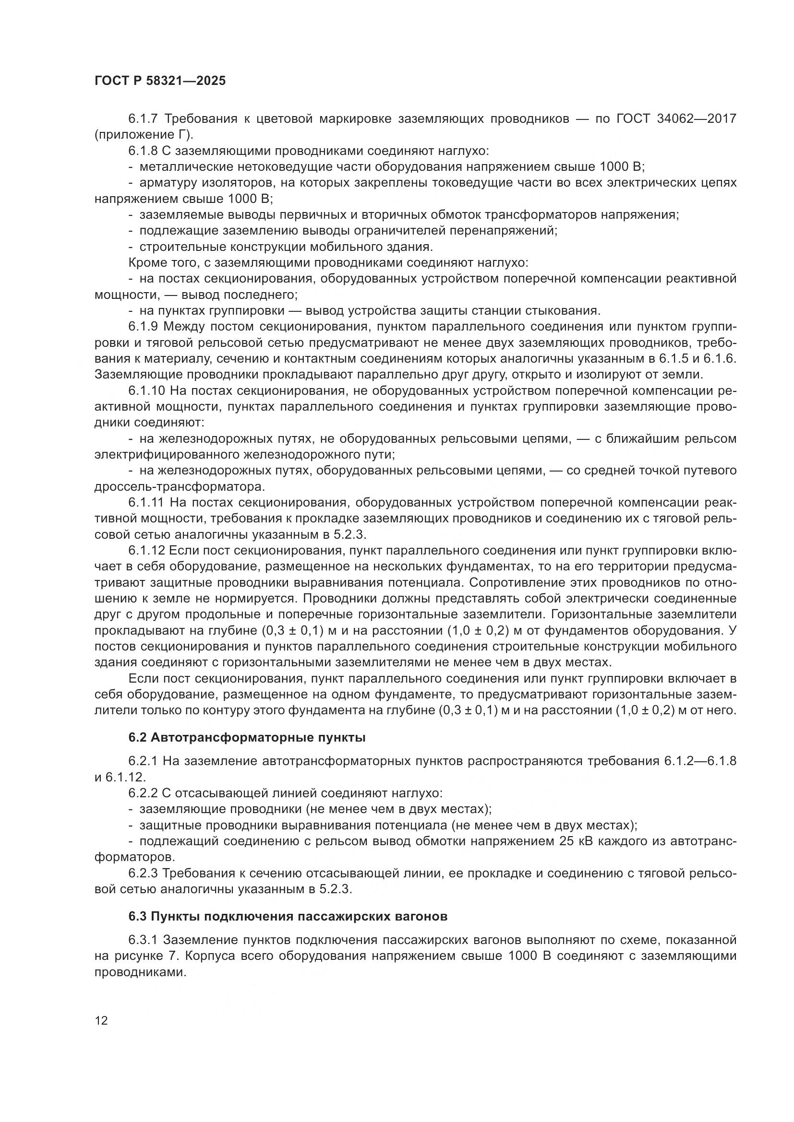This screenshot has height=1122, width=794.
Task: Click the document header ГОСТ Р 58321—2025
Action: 160,81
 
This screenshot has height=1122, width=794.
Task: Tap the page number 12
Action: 101,1020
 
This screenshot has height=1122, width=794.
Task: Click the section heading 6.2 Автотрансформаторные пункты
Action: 247,737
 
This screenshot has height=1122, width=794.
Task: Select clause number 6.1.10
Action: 147,390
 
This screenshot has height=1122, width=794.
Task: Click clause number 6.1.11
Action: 146,502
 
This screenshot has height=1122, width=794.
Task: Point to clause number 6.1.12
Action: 147,550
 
